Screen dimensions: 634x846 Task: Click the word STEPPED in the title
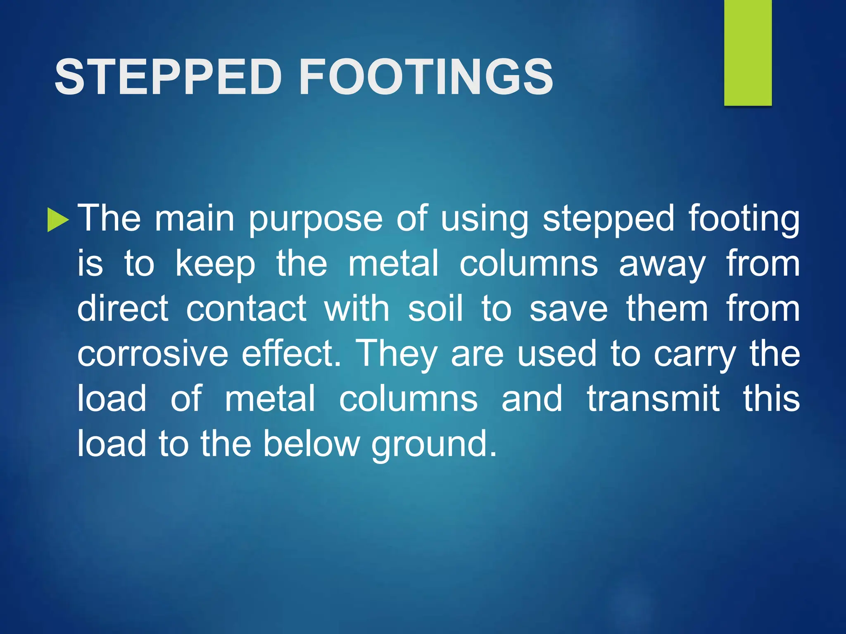168,77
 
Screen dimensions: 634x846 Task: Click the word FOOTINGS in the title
426,77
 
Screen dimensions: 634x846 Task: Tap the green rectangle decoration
748,52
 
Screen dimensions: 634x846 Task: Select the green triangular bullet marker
57,220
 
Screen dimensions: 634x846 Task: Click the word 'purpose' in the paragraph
316,220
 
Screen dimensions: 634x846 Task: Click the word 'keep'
216,265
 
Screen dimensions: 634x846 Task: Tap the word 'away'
662,265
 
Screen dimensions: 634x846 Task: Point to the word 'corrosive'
152,354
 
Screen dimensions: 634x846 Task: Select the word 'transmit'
653,398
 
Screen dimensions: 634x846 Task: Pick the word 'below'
311,444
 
